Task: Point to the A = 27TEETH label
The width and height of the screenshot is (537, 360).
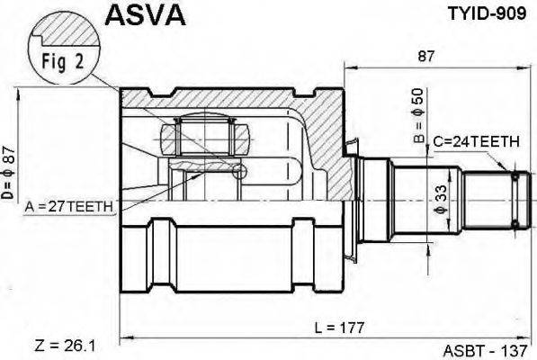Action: (x=70, y=207)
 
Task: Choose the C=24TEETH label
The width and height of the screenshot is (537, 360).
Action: (x=475, y=141)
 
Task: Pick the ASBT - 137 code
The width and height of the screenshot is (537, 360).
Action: (x=485, y=349)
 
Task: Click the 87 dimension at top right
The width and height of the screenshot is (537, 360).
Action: (x=426, y=56)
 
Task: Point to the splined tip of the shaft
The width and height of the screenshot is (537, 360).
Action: (x=515, y=197)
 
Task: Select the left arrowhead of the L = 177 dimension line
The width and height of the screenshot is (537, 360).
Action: (x=124, y=337)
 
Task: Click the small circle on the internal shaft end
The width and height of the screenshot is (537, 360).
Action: (x=239, y=172)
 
